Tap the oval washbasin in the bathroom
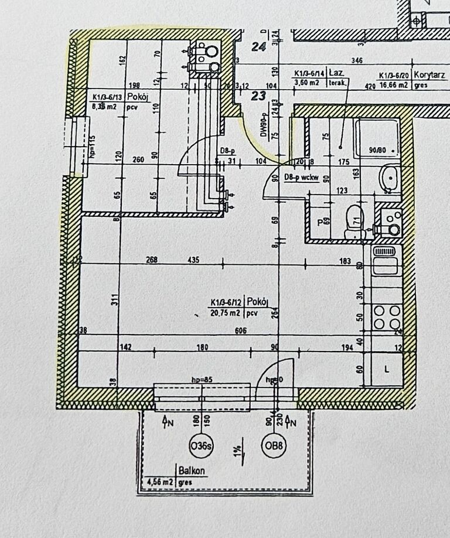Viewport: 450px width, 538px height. click(388, 176)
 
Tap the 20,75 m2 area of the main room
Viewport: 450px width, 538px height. click(225, 314)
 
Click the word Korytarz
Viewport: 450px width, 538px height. click(429, 75)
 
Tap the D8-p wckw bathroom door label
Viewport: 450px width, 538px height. click(301, 178)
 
